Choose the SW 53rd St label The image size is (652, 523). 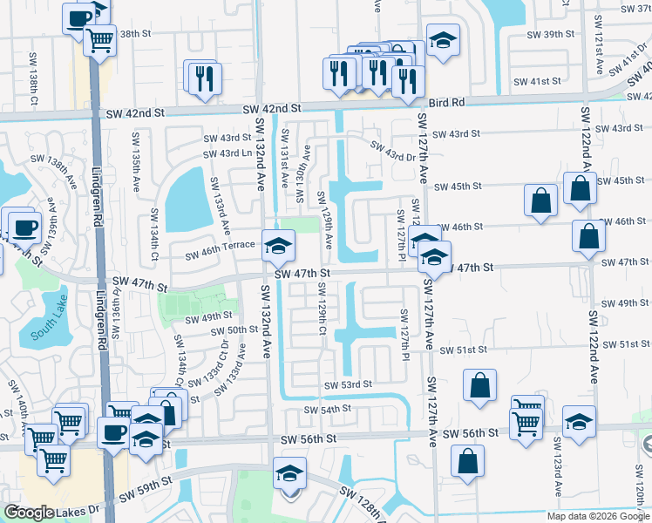[x=348, y=384]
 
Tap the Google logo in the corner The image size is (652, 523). [x=28, y=513]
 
